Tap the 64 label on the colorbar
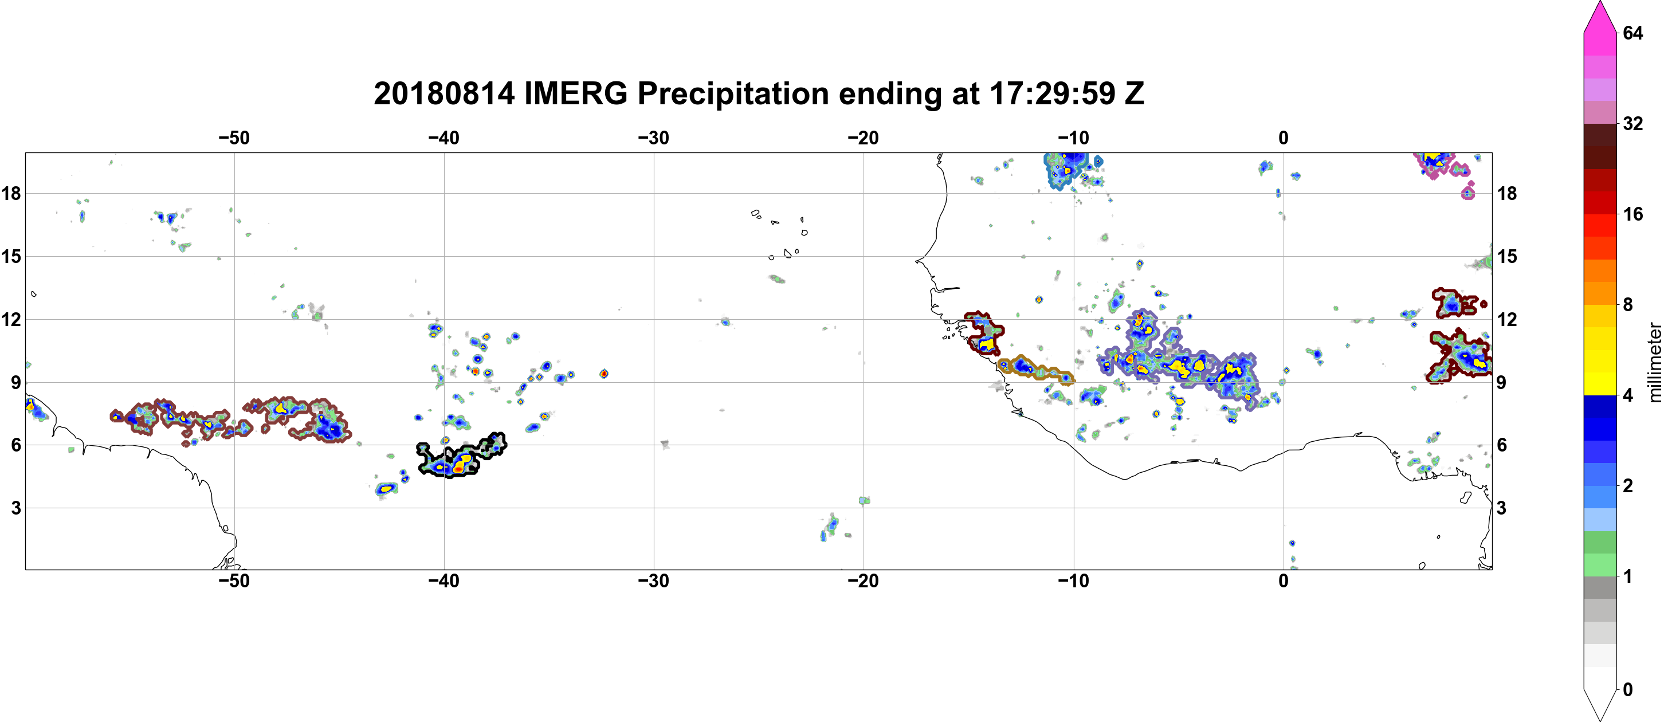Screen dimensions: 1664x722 pos(1632,33)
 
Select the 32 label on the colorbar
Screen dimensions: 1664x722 pos(1632,123)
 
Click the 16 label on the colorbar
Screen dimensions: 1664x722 pos(1632,214)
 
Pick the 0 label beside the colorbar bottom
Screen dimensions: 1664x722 pos(1627,690)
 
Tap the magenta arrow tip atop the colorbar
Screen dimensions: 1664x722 pos(1600,4)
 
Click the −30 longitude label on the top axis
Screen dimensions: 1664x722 pos(653,138)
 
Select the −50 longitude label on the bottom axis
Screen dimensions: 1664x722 pos(234,581)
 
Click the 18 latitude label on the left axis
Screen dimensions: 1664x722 pos(11,193)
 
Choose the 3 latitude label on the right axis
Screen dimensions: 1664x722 pos(1501,508)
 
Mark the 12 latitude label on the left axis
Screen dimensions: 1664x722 pos(11,319)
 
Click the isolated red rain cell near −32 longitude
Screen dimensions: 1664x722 pos(603,373)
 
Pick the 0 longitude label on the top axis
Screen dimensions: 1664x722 pos(1283,138)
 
